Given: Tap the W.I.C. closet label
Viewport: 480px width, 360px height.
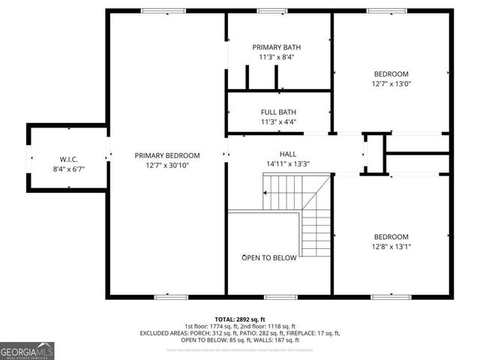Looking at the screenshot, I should [x=69, y=158].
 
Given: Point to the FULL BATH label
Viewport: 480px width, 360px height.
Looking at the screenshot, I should [x=278, y=112].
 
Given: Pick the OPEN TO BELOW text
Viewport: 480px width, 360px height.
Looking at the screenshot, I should [x=268, y=257].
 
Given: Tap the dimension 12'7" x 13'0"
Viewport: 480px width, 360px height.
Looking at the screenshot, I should [x=391, y=83].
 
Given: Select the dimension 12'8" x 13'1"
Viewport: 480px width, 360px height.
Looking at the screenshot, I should [x=391, y=246].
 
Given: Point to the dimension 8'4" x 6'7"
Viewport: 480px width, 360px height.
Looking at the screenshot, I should [x=69, y=169].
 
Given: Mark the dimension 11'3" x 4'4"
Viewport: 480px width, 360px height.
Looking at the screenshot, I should [x=278, y=121].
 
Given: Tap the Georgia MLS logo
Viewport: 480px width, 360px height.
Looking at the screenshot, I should [x=27, y=350].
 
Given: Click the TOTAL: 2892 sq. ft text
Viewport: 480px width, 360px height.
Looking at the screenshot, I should [x=240, y=319].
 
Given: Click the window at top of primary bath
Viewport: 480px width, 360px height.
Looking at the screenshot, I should [x=269, y=10].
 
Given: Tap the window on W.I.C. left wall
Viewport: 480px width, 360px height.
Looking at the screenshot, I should [x=29, y=157].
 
